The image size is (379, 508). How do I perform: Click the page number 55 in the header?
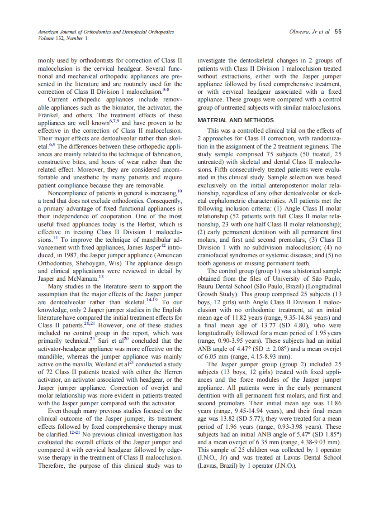click(x=338, y=32)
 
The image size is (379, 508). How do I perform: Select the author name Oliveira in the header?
click(x=299, y=32)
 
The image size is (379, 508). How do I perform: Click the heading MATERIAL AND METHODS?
click(x=235, y=120)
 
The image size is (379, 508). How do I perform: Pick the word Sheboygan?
click(x=92, y=264)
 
